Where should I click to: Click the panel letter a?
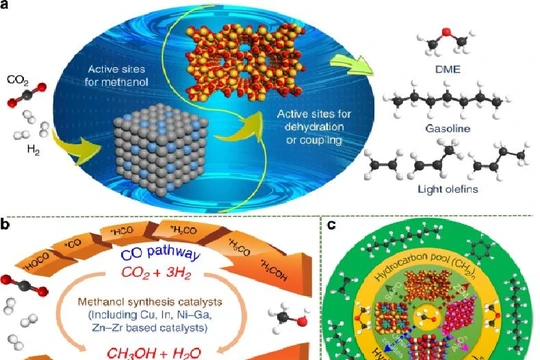tap(8, 7)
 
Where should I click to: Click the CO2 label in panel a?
tap(18, 77)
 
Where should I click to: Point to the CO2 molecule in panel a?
tap(27, 98)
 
